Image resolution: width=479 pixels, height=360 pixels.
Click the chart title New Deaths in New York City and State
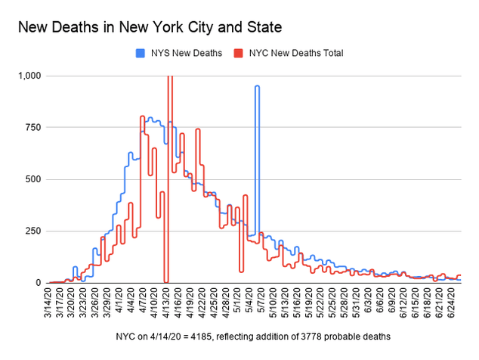tap(150, 28)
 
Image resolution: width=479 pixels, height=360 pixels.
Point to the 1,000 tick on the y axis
tap(32, 76)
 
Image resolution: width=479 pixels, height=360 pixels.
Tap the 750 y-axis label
tap(35, 128)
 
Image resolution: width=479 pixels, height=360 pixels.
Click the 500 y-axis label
tap(35, 179)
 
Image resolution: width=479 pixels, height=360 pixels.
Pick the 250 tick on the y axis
tap(35, 231)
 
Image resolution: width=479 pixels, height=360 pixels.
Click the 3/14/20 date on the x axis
tap(50, 301)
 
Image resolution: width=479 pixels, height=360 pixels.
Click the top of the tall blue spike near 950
tap(257, 87)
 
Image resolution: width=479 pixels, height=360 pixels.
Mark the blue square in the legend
tap(140, 53)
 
